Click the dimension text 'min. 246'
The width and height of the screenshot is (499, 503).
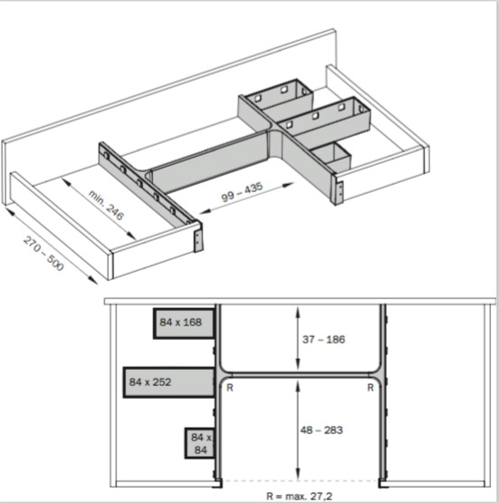click(x=105, y=205)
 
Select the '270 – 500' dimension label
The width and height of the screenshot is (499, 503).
click(x=43, y=253)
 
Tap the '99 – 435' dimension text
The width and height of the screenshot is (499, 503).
click(x=243, y=192)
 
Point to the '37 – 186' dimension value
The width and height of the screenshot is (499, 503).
click(x=323, y=339)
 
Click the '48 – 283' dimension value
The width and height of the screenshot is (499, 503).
click(x=321, y=430)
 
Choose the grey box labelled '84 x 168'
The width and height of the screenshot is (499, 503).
click(x=184, y=324)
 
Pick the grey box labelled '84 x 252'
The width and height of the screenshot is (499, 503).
click(x=168, y=382)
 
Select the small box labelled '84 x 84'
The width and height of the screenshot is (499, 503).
click(x=199, y=443)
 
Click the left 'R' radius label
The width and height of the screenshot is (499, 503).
click(x=230, y=388)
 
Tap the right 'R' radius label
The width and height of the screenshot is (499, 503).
click(x=370, y=388)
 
